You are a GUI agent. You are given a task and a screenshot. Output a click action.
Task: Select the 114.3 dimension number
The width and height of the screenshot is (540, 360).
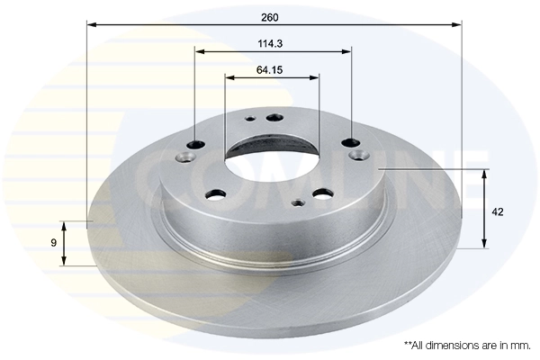[x=274, y=42]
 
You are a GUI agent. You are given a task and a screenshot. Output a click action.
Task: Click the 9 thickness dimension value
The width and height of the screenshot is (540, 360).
[x=53, y=243]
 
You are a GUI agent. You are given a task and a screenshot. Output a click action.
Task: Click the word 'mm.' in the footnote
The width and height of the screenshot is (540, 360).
[x=519, y=345]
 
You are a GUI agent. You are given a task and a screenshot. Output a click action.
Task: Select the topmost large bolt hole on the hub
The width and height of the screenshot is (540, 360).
[x=274, y=116]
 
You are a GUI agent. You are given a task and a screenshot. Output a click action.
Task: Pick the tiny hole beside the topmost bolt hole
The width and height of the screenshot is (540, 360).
[x=249, y=119]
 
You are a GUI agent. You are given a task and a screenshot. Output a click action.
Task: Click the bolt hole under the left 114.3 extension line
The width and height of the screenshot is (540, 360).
[x=197, y=143]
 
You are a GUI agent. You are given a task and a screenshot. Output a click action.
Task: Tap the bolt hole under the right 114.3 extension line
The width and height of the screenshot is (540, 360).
[x=351, y=141]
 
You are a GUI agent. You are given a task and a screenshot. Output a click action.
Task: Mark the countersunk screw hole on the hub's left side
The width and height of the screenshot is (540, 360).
[x=185, y=158]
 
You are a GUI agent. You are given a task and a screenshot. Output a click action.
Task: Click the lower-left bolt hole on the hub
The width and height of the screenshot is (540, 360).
[x=216, y=193]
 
